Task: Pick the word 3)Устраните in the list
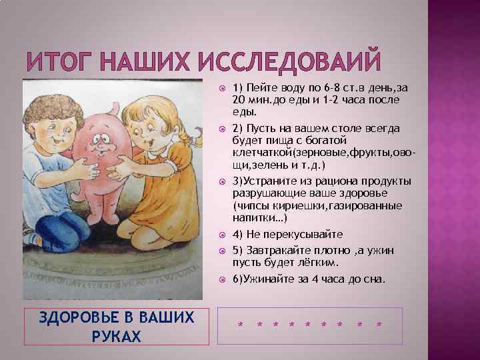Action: [x=260, y=182]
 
